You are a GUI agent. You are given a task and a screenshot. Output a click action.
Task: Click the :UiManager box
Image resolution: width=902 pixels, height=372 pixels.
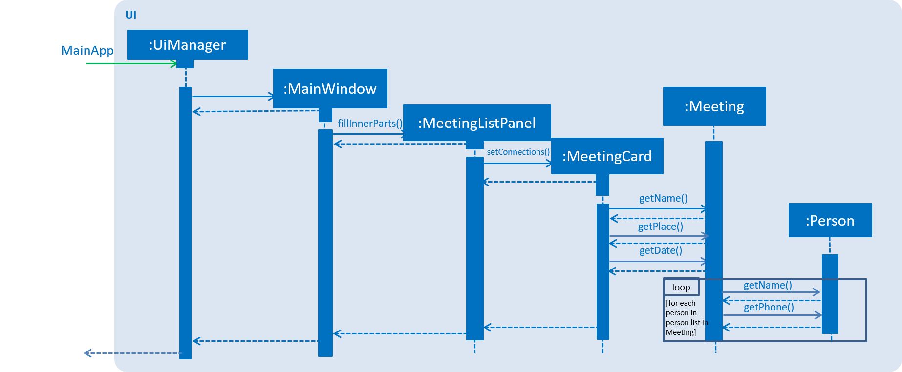point(187,45)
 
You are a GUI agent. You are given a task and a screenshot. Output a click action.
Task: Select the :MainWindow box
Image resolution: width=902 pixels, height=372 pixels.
point(330,89)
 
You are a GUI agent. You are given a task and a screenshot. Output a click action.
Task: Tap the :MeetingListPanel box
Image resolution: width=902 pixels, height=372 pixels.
point(476,123)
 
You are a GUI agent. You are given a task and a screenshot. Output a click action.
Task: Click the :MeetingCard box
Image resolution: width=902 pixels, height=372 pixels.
point(607,156)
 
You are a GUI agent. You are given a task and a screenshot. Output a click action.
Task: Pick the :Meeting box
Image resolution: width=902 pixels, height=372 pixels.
point(714,106)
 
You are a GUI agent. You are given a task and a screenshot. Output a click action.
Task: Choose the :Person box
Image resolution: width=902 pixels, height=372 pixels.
point(830,221)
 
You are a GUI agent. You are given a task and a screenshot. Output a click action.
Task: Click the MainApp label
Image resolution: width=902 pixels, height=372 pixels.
point(87,50)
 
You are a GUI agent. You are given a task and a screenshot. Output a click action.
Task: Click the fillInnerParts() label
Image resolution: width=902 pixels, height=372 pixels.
point(370,124)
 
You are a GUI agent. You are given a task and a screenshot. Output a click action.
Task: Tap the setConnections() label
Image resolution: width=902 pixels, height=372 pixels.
point(518,152)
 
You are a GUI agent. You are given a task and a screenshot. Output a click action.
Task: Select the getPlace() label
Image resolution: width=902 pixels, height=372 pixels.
point(660,227)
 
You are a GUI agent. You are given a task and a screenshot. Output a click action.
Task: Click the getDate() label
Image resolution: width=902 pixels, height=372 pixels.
point(660,250)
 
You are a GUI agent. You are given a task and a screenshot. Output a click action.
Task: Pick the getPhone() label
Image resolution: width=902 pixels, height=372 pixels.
point(768,307)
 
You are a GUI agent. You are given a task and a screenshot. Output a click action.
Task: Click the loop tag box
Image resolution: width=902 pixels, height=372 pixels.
point(681,288)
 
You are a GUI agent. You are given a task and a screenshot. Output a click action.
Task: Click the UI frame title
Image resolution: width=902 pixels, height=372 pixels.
point(131,15)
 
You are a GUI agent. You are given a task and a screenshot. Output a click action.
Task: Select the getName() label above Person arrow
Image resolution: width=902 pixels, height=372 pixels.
point(767,285)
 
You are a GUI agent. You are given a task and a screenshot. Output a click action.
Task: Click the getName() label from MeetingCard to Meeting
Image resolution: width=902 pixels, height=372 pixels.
point(663,198)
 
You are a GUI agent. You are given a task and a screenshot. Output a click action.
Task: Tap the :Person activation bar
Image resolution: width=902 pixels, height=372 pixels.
point(830,293)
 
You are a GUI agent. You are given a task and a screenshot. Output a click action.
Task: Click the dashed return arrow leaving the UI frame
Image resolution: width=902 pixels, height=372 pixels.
point(132,353)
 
